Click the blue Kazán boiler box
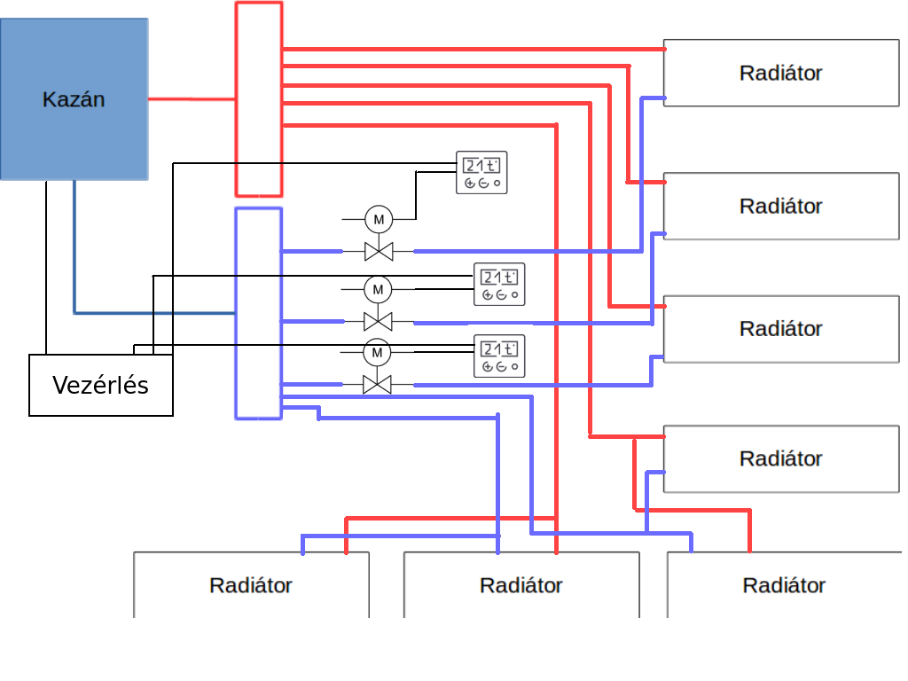74,99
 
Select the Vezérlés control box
101,385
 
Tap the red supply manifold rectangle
259,98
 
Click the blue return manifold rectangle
259,313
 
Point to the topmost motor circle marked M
379,218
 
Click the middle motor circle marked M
378,289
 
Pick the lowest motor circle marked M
377,353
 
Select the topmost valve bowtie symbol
379,252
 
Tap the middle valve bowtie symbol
379,321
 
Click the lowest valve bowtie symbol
378,385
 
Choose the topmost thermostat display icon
481,173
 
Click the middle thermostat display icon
498,285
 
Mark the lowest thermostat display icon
498,356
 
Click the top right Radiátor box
781,73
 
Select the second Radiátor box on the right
781,206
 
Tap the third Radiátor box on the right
781,328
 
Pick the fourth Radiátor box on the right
781,458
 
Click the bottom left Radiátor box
251,585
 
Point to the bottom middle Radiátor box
521,585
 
